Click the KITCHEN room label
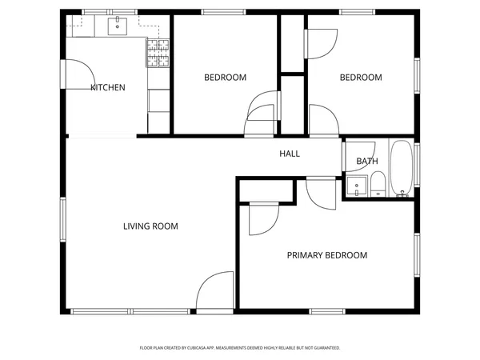(x=107, y=87)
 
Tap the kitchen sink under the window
(x=119, y=27)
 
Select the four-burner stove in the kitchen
(x=158, y=54)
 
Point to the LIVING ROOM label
(x=150, y=226)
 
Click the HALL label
(x=290, y=154)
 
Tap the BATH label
(x=367, y=162)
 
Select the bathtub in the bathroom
(x=402, y=169)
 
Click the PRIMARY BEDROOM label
(x=326, y=255)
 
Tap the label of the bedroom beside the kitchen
(x=225, y=78)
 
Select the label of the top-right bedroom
(x=361, y=78)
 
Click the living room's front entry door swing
(x=214, y=291)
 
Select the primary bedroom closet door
(x=262, y=218)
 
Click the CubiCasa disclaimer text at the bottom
(x=240, y=348)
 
